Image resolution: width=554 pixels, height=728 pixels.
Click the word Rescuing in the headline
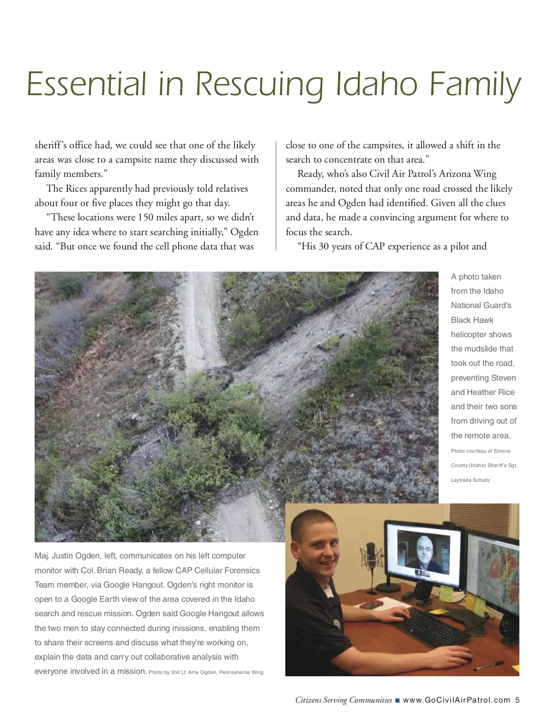[259, 85]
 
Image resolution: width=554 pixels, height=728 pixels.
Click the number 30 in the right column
[324, 246]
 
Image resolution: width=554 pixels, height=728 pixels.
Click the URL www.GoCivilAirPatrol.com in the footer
[457, 700]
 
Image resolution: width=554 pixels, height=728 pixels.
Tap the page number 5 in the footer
[518, 700]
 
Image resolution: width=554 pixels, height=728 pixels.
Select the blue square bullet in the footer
[397, 700]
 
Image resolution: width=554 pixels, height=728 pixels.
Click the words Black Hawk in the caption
[472, 320]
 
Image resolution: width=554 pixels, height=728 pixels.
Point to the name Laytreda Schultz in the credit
[470, 480]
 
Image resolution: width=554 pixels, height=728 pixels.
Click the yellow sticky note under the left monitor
[446, 594]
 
